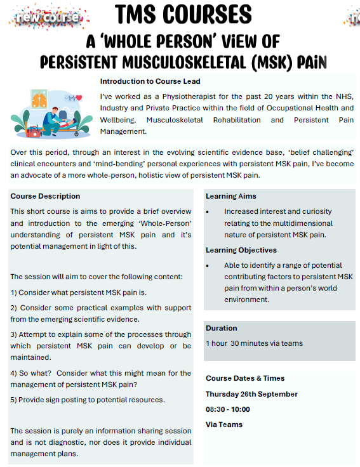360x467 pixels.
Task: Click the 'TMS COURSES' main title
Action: [x=183, y=14]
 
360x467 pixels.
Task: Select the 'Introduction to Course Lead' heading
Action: [x=150, y=81]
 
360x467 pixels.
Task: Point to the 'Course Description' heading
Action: [x=45, y=196]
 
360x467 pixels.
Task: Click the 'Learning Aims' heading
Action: [x=230, y=196]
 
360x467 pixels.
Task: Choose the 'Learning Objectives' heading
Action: [x=241, y=250]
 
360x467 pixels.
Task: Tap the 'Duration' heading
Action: [x=221, y=328]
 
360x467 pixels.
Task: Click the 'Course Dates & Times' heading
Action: [x=245, y=378]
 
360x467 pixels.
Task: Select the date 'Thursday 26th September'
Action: [x=251, y=394]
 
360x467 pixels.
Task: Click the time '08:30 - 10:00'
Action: [x=227, y=409]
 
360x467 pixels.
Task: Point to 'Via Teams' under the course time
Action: [x=223, y=424]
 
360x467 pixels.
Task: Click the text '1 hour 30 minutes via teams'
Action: [x=254, y=343]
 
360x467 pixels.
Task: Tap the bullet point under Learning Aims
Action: [x=208, y=211]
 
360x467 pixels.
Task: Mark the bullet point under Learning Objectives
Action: [x=208, y=265]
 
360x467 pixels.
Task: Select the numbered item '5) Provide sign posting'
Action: [x=88, y=400]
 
